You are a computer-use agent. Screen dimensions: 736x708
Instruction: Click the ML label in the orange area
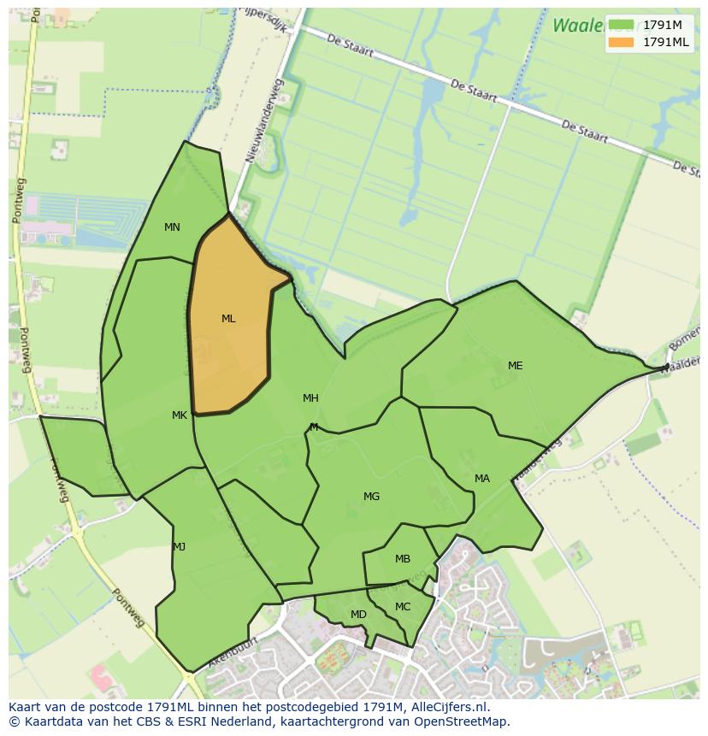(228, 319)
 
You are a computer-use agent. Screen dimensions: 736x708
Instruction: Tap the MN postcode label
(172, 227)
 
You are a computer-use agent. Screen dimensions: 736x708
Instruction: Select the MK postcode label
(179, 415)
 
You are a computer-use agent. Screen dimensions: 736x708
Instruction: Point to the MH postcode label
(310, 398)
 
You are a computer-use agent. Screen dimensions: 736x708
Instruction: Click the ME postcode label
(515, 366)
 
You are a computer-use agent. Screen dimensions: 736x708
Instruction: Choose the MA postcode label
(482, 479)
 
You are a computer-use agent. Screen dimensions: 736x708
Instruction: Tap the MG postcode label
(371, 497)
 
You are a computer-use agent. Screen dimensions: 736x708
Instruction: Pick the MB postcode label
(403, 560)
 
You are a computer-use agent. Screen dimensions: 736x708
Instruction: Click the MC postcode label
(403, 607)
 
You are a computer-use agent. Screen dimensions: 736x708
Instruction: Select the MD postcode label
(358, 615)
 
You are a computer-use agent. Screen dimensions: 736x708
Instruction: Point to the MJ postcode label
(179, 547)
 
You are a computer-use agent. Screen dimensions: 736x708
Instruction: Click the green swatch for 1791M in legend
(622, 25)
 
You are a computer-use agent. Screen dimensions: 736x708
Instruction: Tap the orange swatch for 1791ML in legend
(622, 42)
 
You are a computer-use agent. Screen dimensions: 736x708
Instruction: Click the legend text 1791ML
(665, 42)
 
